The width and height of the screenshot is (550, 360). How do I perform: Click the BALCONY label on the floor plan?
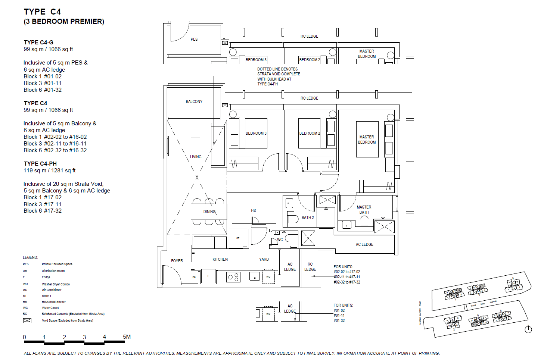[194, 101]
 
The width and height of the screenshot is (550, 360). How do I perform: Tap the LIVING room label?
[196, 157]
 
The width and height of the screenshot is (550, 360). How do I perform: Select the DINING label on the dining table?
[209, 212]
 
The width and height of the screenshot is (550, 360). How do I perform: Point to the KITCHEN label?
[220, 259]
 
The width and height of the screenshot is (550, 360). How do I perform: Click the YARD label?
[264, 259]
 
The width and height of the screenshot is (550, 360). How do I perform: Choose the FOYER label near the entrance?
[177, 261]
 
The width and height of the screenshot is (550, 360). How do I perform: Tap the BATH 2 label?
[308, 217]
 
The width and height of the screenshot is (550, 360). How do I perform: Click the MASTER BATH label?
[364, 210]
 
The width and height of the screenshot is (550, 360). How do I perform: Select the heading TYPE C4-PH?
[40, 164]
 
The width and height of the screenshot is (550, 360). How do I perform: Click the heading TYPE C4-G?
[38, 43]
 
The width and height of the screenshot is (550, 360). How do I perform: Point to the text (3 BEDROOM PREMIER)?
[64, 22]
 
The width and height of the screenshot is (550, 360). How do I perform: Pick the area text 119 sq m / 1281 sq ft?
[50, 170]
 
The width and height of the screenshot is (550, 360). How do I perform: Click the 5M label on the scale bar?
[127, 337]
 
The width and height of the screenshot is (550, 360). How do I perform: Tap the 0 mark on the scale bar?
[25, 337]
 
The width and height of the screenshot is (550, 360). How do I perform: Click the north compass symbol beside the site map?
[528, 329]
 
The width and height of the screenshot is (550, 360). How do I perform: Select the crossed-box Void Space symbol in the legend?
[27, 320]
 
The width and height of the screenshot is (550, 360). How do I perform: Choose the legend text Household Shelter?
[54, 302]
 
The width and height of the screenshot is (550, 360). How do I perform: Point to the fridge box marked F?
[208, 276]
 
